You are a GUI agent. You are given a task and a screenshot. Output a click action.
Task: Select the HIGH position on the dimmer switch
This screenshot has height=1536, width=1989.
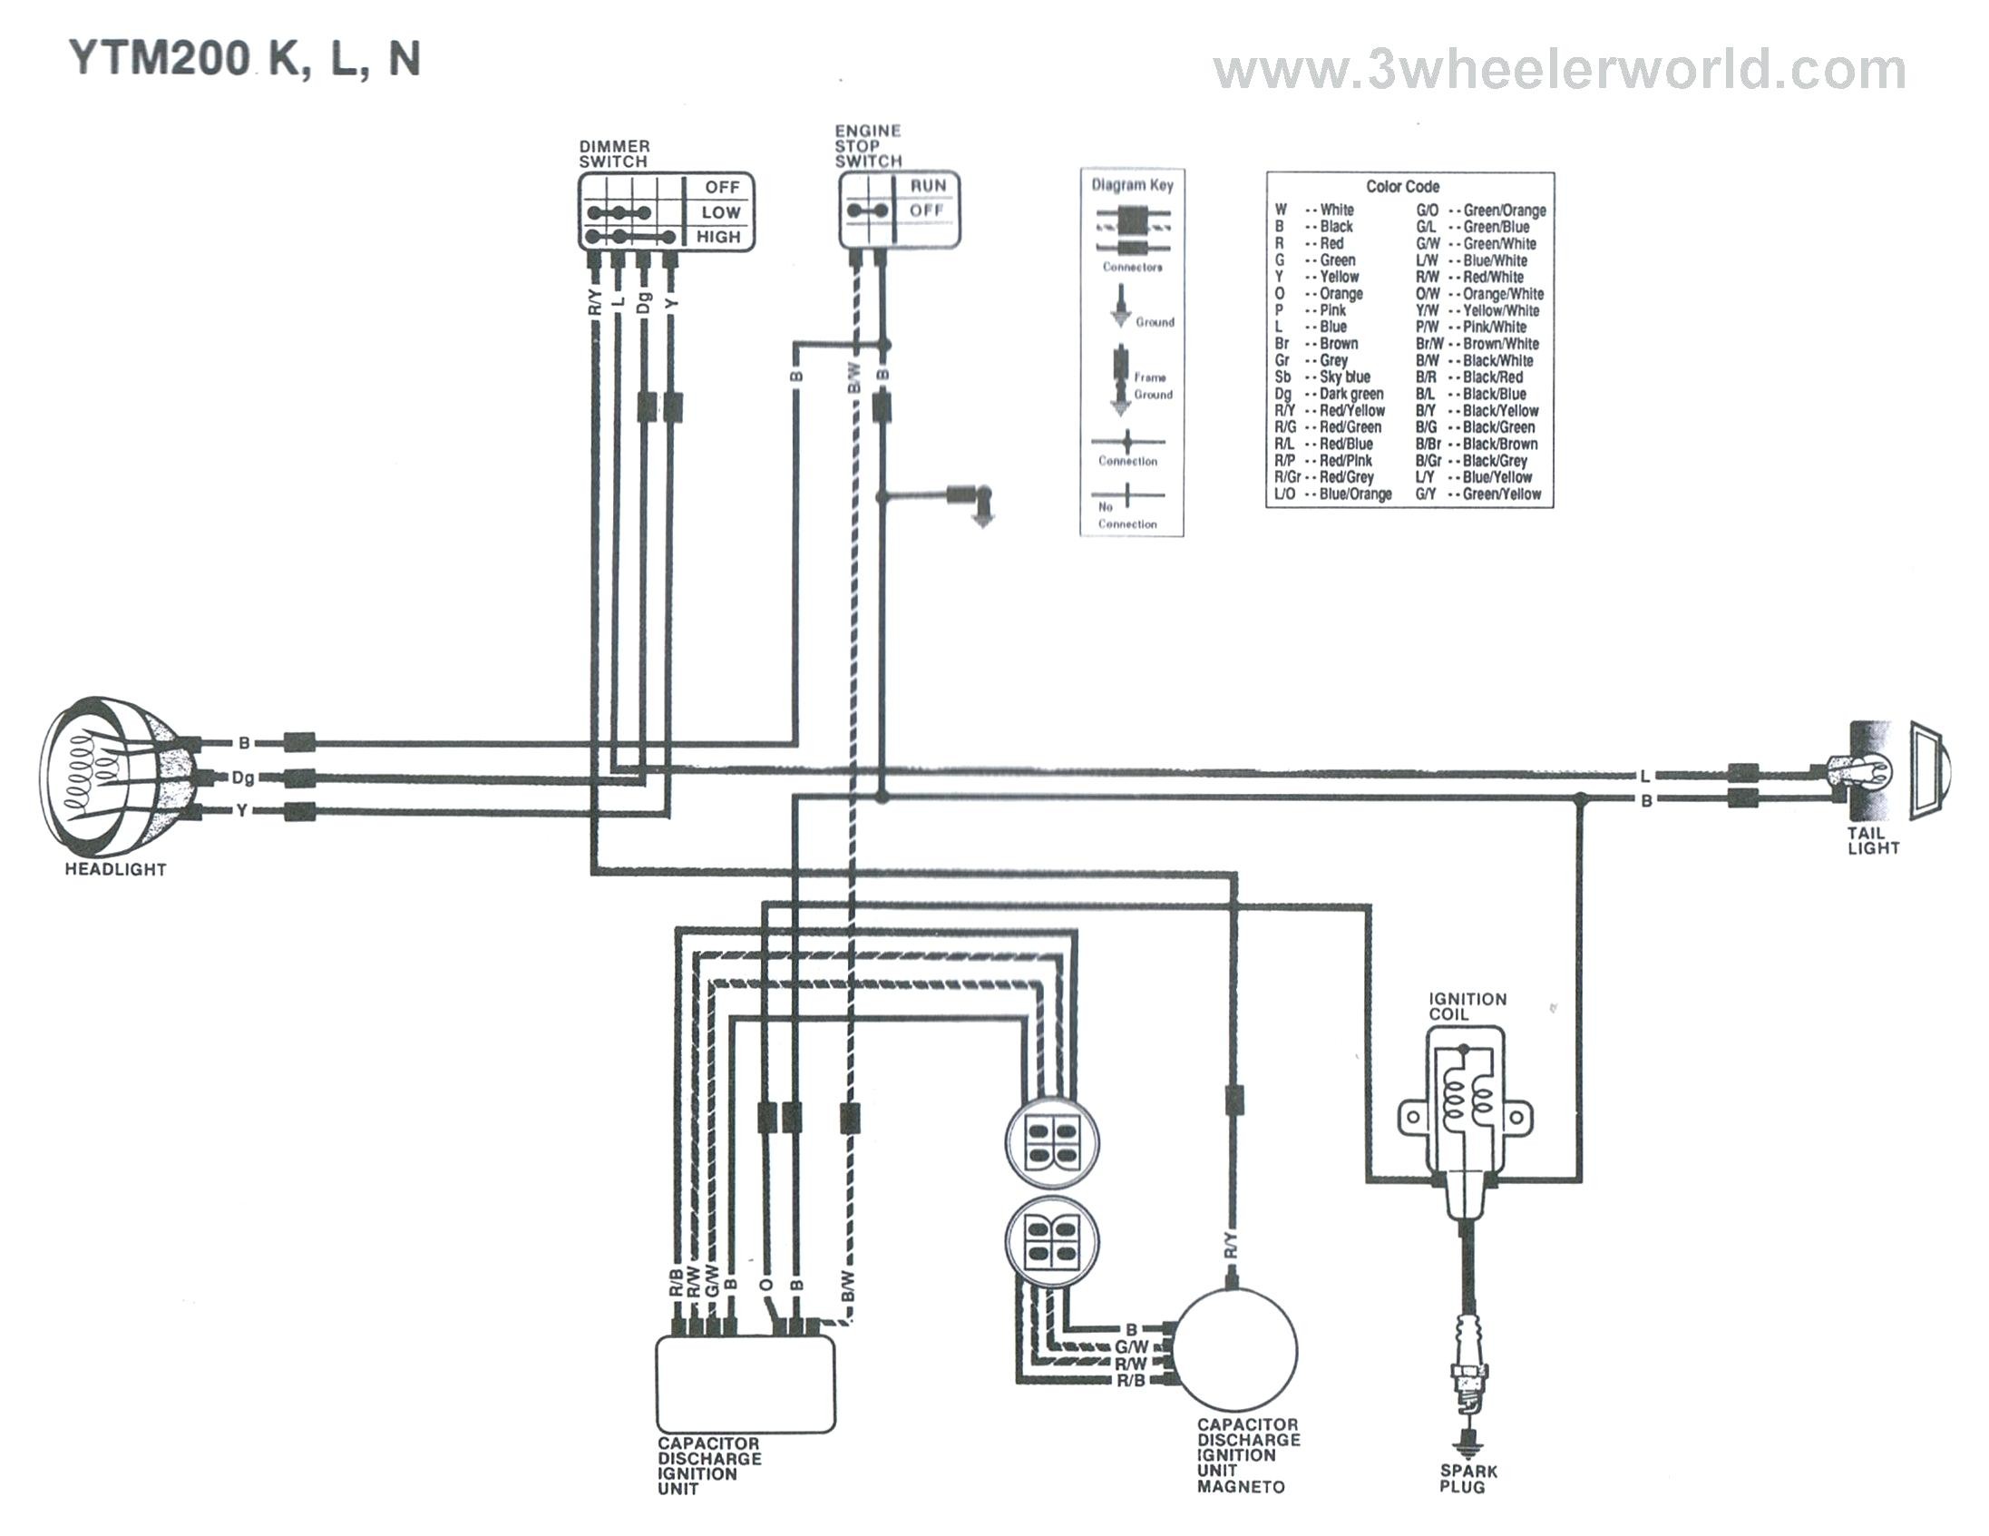pos(718,237)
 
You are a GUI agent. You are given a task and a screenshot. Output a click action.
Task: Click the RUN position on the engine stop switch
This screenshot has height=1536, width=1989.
pos(928,186)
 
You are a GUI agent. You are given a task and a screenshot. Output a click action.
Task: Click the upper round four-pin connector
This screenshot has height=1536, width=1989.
pos(1052,1143)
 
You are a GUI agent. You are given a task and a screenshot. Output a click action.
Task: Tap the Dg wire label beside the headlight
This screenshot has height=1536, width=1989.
pos(243,778)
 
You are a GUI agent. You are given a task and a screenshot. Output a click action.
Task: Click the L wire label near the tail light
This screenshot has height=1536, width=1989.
pos(1643,778)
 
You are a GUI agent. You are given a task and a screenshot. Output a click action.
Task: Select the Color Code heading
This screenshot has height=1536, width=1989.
pos(1402,187)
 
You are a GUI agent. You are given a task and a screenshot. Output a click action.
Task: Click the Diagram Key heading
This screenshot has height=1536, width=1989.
pos(1132,185)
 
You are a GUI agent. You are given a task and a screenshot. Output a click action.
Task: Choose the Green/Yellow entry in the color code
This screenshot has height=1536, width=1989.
pos(1478,494)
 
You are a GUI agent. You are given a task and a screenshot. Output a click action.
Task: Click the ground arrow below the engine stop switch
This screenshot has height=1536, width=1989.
pos(981,517)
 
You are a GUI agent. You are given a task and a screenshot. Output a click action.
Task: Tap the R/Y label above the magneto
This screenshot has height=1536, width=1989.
pos(1232,1245)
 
